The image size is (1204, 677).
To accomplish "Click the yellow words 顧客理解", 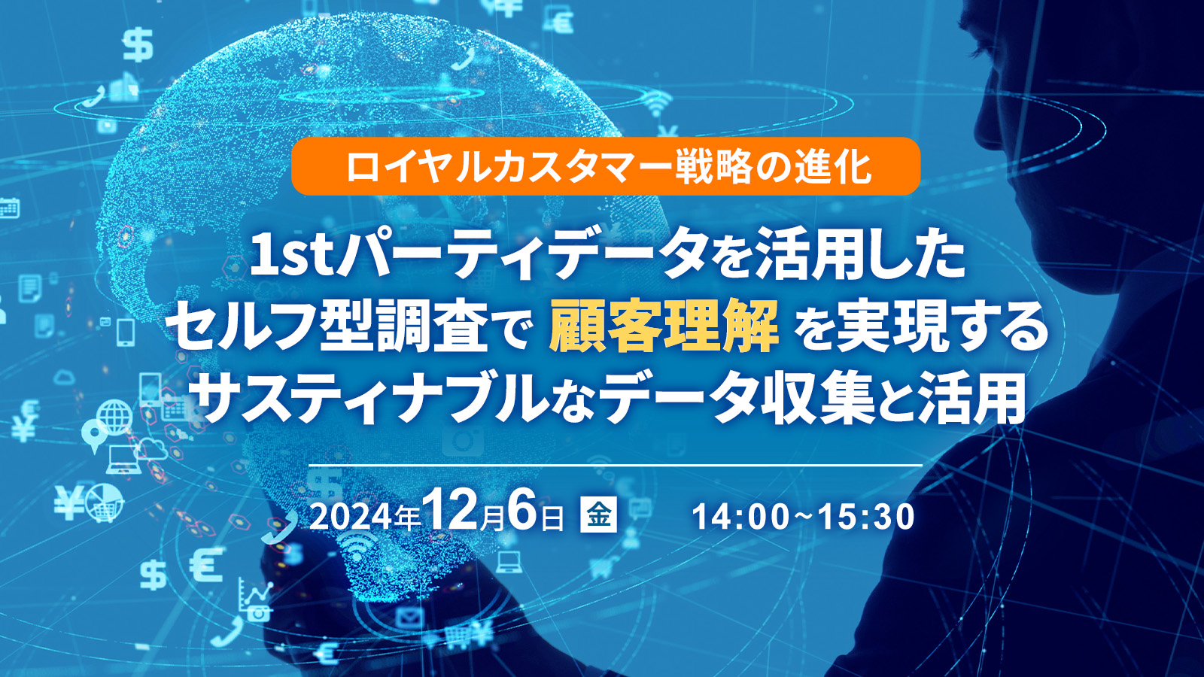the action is (664, 327).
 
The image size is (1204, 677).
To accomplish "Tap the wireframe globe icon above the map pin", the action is (116, 417).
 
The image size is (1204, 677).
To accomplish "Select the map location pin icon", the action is (94, 436).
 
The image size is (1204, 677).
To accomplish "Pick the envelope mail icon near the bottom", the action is (409, 618).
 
